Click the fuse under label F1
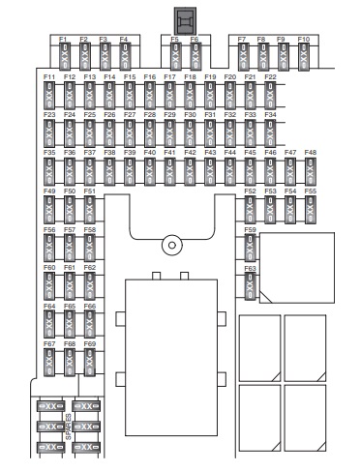pyautogui.click(x=65, y=56)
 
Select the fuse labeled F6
pyautogui.click(x=195, y=56)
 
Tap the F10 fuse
pyautogui.click(x=304, y=56)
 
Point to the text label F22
pyautogui.click(x=270, y=77)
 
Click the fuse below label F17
pyautogui.click(x=169, y=96)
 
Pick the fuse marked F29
pyautogui.click(x=169, y=133)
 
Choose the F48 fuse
pyautogui.click(x=311, y=171)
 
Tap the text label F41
pyautogui.click(x=169, y=152)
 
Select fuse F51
pyautogui.click(x=89, y=210)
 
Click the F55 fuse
pyautogui.click(x=311, y=210)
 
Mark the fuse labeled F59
pyautogui.click(x=250, y=248)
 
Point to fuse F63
pyautogui.click(x=250, y=286)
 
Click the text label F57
pyautogui.click(x=70, y=230)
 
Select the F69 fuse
pyautogui.click(x=89, y=363)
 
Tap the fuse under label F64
pyautogui.click(x=49, y=324)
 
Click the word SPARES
pyautogui.click(x=69, y=427)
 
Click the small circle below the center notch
pyautogui.click(x=172, y=245)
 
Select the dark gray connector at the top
pyautogui.click(x=185, y=21)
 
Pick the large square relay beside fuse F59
pyautogui.click(x=297, y=268)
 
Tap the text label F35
pyautogui.click(x=49, y=152)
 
